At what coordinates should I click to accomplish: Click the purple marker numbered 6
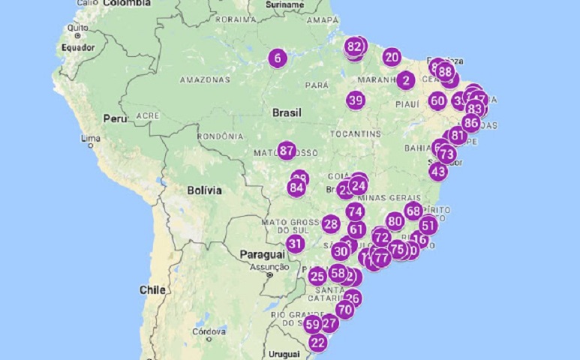(278, 58)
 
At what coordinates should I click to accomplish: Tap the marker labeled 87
(287, 151)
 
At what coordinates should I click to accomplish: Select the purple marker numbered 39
(356, 100)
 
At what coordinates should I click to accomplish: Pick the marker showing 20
(392, 58)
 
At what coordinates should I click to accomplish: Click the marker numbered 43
(438, 171)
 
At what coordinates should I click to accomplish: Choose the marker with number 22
(318, 343)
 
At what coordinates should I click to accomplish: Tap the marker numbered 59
(313, 325)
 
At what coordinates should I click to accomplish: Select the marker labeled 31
(295, 244)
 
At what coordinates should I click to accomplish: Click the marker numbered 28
(331, 223)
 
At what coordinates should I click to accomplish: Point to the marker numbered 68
(413, 211)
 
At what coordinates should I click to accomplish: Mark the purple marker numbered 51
(428, 225)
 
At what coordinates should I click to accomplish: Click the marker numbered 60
(438, 101)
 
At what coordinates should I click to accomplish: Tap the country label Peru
(115, 118)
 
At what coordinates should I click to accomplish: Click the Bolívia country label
(204, 190)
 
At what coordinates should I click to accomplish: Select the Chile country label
(152, 289)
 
